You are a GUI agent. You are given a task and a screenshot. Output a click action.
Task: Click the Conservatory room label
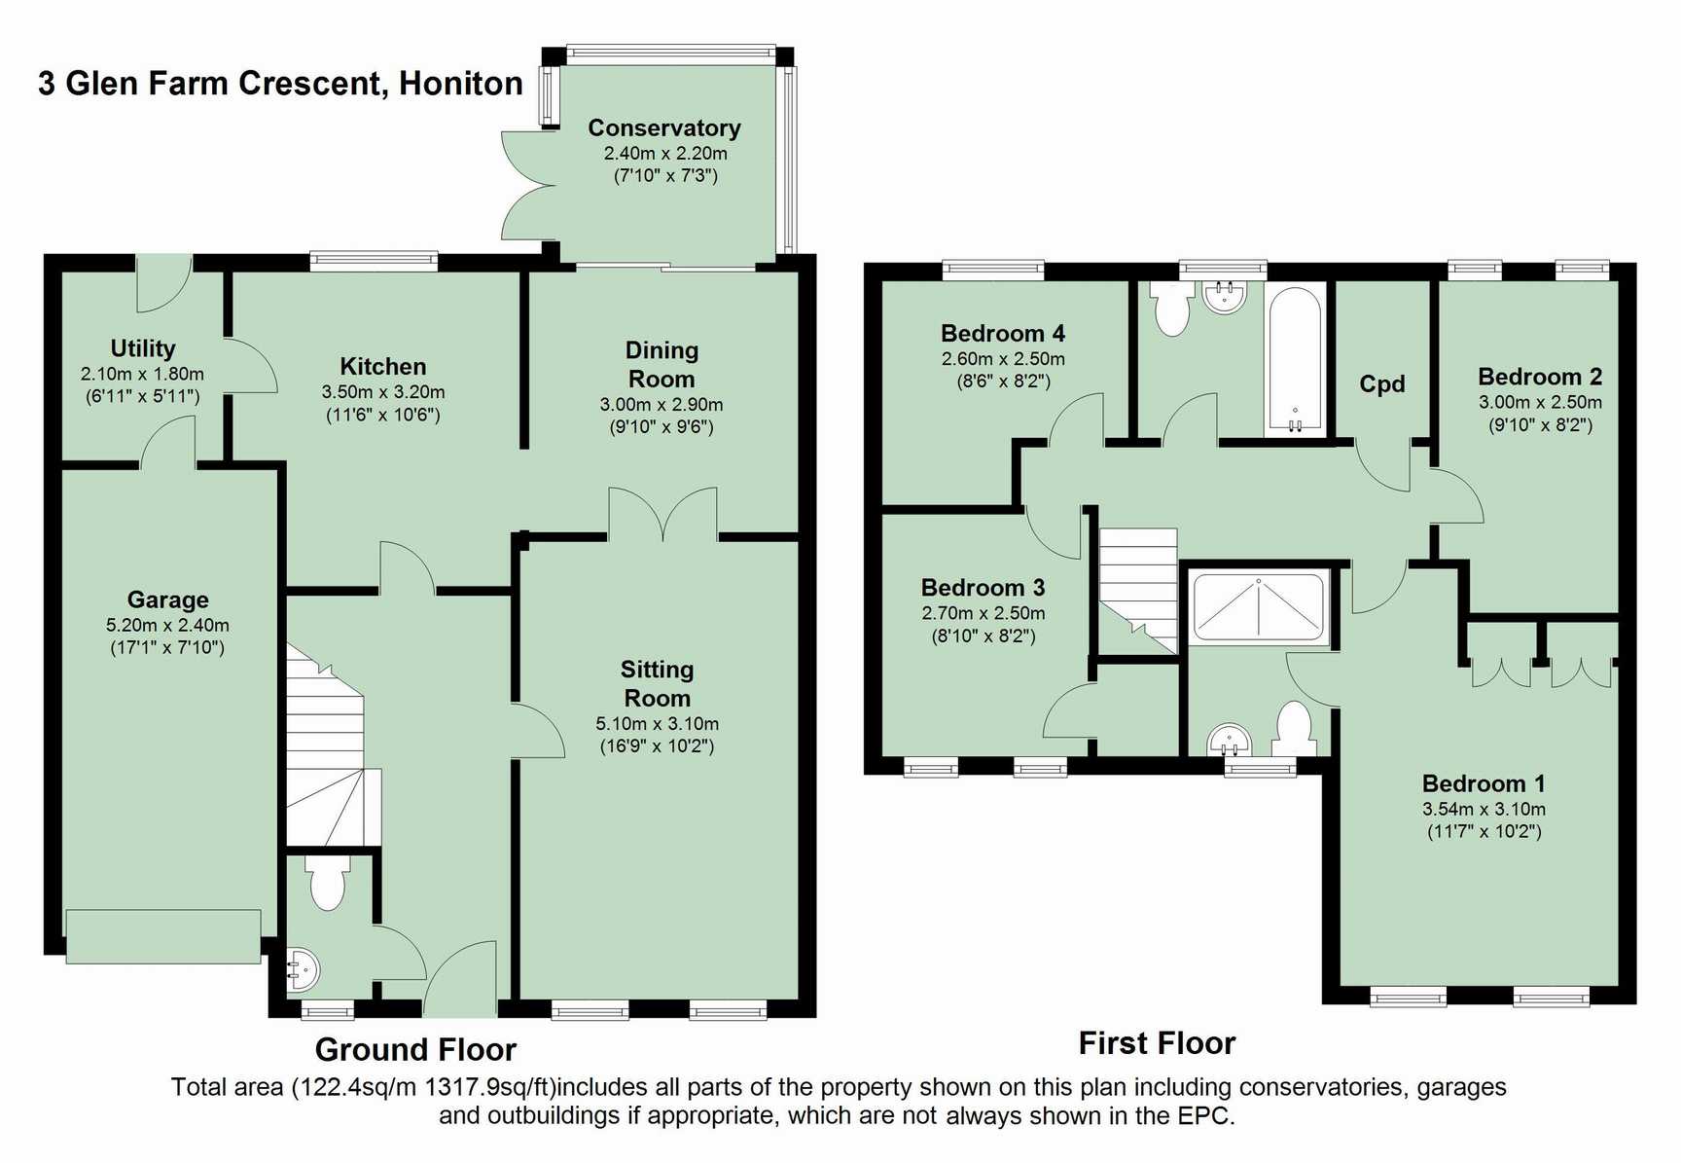pos(664,128)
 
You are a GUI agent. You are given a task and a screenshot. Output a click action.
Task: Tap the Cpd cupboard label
pos(1382,383)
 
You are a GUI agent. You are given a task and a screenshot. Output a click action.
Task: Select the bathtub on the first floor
pos(1295,359)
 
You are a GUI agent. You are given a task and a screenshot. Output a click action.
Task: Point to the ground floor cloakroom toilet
pos(327,882)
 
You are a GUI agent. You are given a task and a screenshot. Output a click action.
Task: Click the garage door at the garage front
pos(163,936)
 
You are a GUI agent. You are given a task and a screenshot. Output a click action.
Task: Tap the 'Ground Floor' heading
pos(415,1050)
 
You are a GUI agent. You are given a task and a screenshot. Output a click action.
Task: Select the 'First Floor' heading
pos(1157,1043)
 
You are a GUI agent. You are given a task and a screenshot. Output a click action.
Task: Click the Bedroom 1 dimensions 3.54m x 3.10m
pos(1484,809)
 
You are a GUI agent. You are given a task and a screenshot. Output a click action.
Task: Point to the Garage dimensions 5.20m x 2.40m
pos(167,625)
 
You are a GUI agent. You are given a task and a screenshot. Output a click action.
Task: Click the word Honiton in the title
pos(461,84)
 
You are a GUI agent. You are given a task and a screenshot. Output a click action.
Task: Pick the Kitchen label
pos(383,367)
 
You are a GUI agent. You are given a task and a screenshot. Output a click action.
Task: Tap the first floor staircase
pos(1138,591)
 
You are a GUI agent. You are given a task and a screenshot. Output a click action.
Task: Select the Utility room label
pos(143,348)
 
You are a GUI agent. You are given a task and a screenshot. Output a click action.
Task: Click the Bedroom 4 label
pos(1003,334)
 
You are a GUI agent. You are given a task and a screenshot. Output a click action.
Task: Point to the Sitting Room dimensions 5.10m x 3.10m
pos(658,723)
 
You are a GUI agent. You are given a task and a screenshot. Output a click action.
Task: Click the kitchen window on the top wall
pos(374,260)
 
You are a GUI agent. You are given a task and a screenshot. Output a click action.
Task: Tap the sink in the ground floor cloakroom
pos(302,968)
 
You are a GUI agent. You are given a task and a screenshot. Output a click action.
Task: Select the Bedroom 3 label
pos(983,588)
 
